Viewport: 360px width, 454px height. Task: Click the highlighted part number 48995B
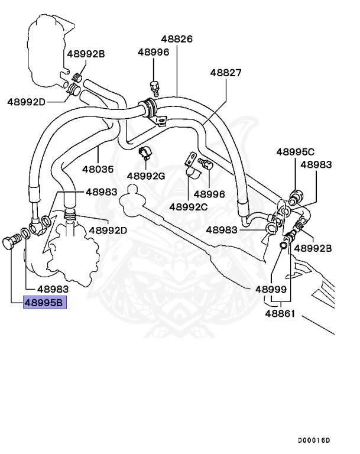pos(44,303)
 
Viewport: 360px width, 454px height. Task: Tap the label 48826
pos(177,39)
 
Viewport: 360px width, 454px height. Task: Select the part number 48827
pos(226,73)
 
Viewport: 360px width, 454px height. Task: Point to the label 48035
pos(98,169)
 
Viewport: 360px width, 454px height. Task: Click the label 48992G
pos(145,176)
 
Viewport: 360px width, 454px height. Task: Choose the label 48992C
pos(188,207)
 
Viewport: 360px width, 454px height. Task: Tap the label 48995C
pos(295,152)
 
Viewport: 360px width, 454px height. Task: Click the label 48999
pos(271,289)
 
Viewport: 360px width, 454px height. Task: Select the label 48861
pos(280,313)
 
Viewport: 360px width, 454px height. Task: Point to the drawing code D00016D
pos(314,440)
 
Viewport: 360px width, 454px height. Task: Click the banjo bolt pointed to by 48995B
pos(11,242)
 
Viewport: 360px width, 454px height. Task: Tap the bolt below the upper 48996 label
pos(154,88)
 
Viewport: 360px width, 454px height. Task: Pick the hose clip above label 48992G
pos(145,153)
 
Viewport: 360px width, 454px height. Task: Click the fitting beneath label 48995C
pos(296,197)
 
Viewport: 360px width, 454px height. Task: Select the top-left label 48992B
pos(86,54)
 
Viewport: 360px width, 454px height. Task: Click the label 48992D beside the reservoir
pos(26,102)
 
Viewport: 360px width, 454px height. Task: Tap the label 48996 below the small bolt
pos(209,194)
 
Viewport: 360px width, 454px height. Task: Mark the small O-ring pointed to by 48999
pos(283,245)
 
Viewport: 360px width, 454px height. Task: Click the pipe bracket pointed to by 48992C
pos(192,164)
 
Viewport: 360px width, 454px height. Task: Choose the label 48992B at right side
pos(313,248)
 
